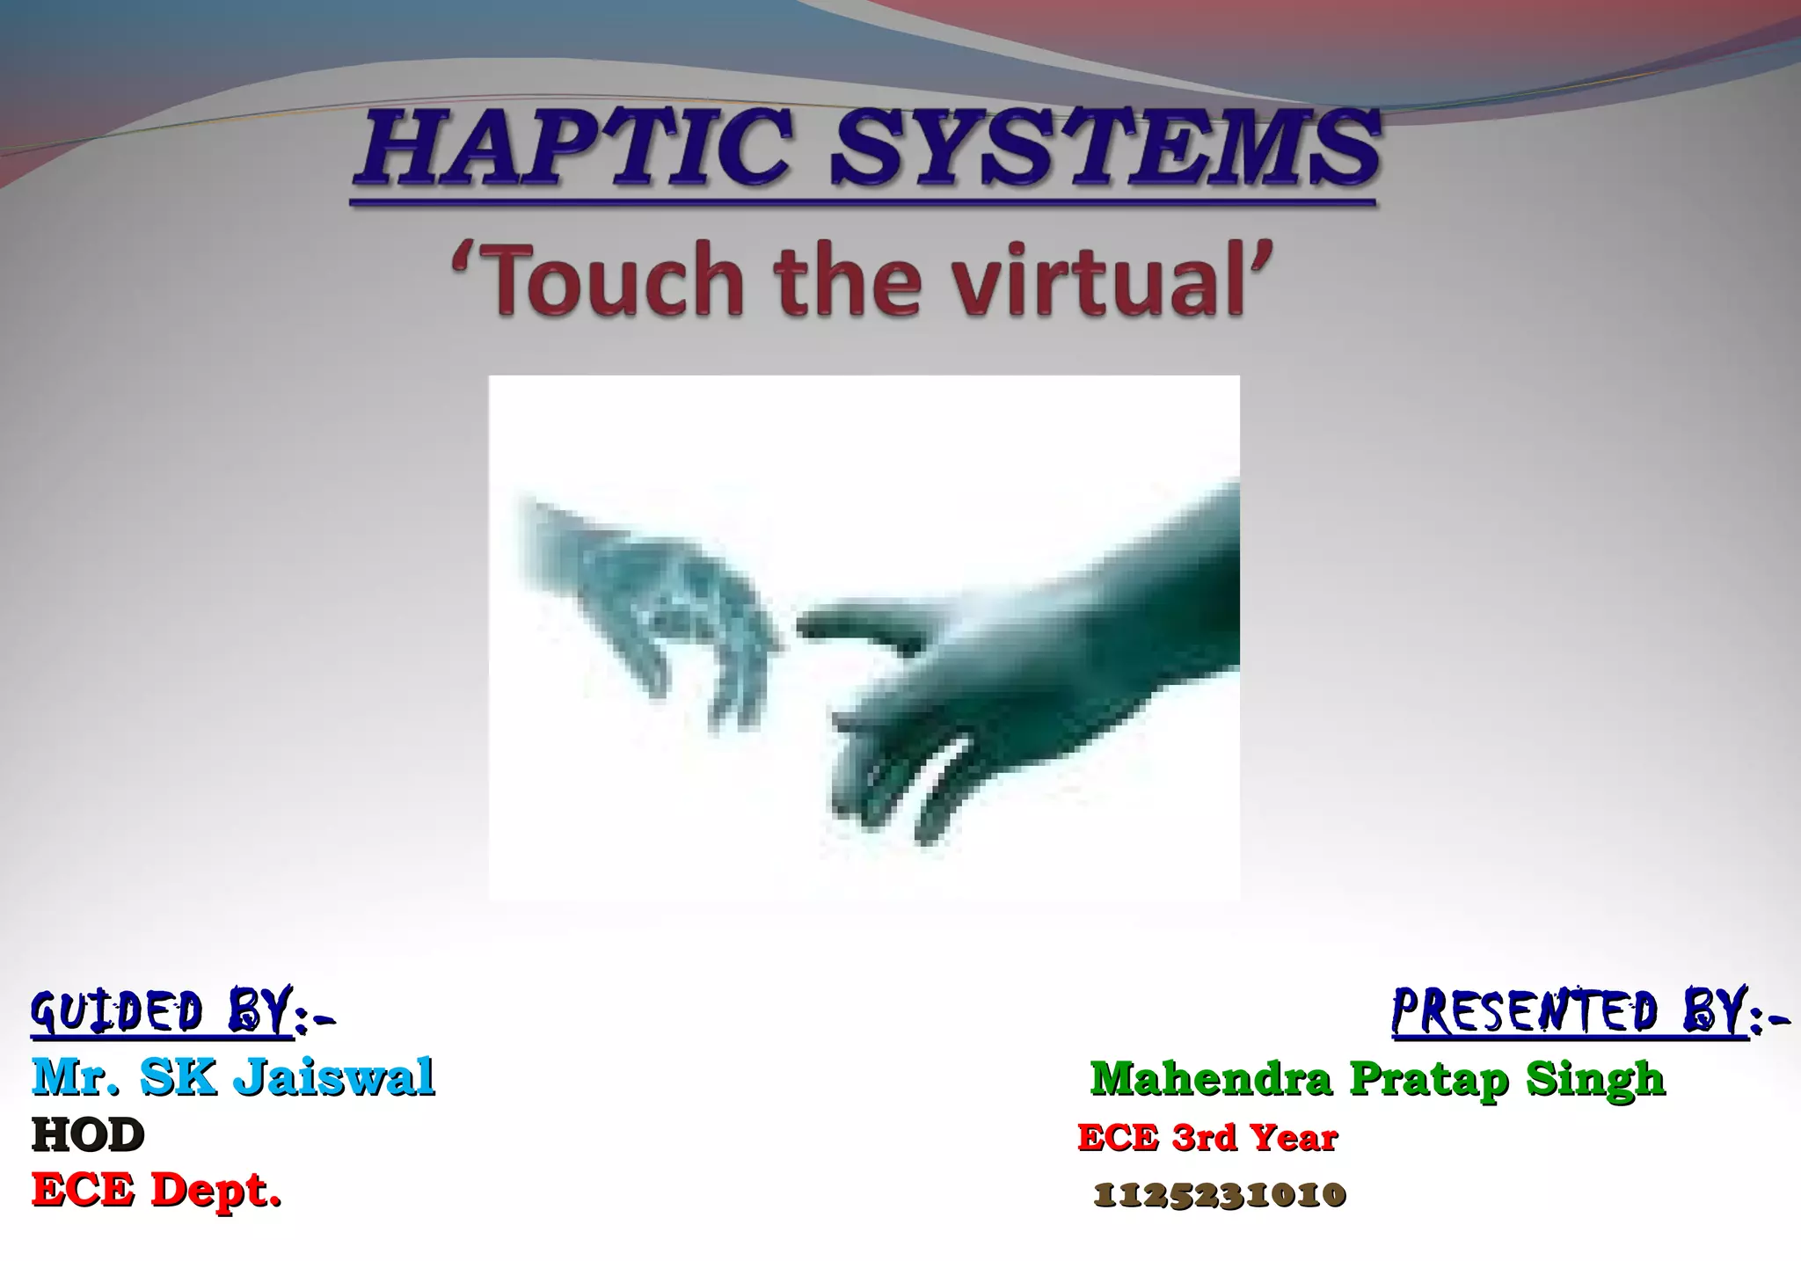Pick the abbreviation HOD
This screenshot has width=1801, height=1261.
(x=88, y=1135)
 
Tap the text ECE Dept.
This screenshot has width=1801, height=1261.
(x=157, y=1192)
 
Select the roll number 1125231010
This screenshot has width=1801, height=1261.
(x=1219, y=1195)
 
